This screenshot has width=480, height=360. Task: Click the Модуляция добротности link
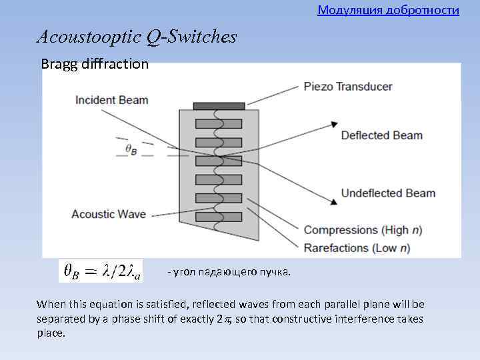click(x=388, y=10)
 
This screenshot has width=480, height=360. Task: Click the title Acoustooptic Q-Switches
click(x=137, y=37)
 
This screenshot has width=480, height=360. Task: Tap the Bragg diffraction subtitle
click(x=95, y=64)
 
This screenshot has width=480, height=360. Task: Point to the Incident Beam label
click(x=111, y=100)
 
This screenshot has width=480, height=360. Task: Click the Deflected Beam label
click(x=381, y=135)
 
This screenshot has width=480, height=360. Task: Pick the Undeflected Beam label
click(x=387, y=193)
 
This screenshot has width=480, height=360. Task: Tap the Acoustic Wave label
click(x=108, y=214)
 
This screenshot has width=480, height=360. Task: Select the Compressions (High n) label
click(x=363, y=230)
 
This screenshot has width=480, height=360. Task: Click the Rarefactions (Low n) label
click(x=357, y=248)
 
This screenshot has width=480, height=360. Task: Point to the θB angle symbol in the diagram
click(x=131, y=150)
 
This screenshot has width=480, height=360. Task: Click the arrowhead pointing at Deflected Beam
click(x=333, y=125)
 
